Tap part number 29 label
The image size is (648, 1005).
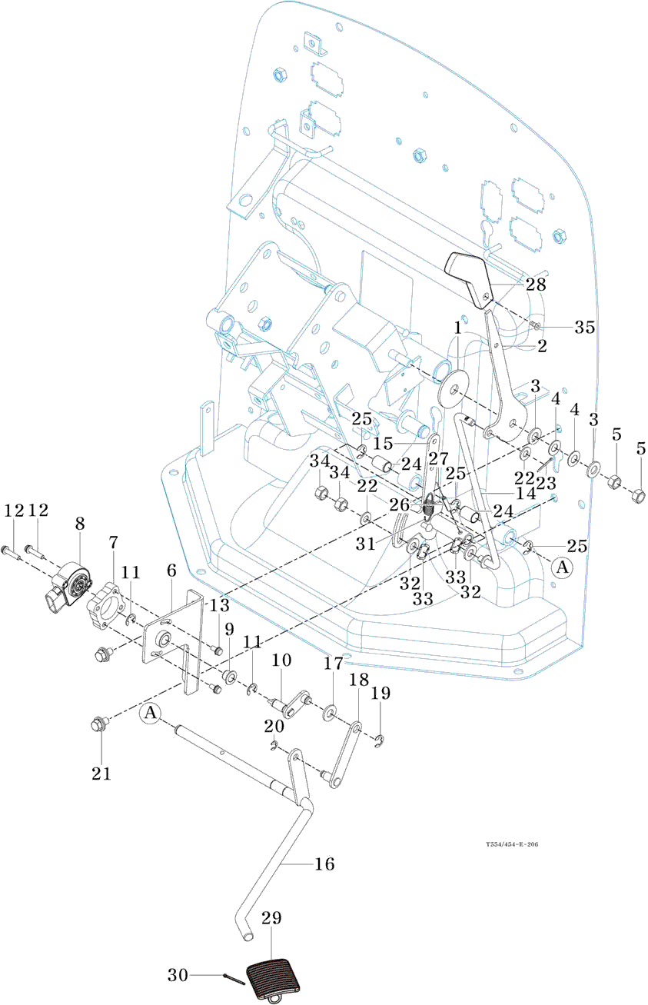click(271, 918)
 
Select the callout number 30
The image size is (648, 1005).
click(178, 975)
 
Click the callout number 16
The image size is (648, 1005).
click(324, 864)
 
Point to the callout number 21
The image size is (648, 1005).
click(101, 774)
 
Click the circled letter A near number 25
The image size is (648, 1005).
click(563, 567)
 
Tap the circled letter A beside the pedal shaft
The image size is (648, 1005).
click(150, 714)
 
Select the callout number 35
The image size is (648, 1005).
click(585, 327)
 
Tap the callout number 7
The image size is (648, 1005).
click(113, 543)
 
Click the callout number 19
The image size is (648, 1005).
click(381, 693)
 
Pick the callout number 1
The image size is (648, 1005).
click(457, 326)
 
